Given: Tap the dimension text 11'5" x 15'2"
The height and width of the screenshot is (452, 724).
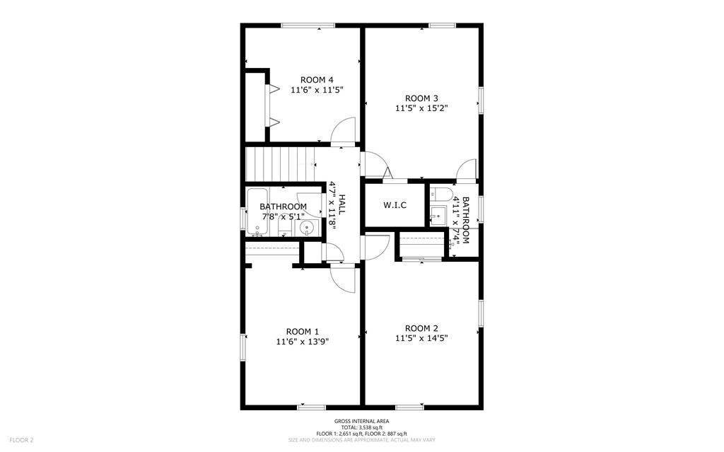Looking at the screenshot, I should pyautogui.click(x=421, y=108).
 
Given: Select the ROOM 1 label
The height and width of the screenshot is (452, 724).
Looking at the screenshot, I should pyautogui.click(x=303, y=331).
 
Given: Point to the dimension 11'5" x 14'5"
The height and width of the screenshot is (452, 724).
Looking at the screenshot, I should pyautogui.click(x=421, y=338).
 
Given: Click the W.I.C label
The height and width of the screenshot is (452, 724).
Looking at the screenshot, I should pyautogui.click(x=395, y=205).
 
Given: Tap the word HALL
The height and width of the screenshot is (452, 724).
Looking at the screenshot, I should pyautogui.click(x=342, y=204).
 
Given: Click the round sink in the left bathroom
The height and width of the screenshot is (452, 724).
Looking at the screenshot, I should pyautogui.click(x=306, y=228).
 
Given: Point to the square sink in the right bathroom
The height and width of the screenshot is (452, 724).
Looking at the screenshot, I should pyautogui.click(x=438, y=215).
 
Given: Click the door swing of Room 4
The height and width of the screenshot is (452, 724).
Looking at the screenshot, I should pyautogui.click(x=343, y=132).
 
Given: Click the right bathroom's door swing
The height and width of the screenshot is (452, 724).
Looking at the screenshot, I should pyautogui.click(x=467, y=170).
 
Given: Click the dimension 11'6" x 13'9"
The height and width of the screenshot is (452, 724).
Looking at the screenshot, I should pyautogui.click(x=303, y=341).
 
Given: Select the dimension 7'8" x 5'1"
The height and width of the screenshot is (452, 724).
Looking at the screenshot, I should pyautogui.click(x=283, y=216).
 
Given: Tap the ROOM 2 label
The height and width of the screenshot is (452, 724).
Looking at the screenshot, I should pyautogui.click(x=421, y=328).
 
